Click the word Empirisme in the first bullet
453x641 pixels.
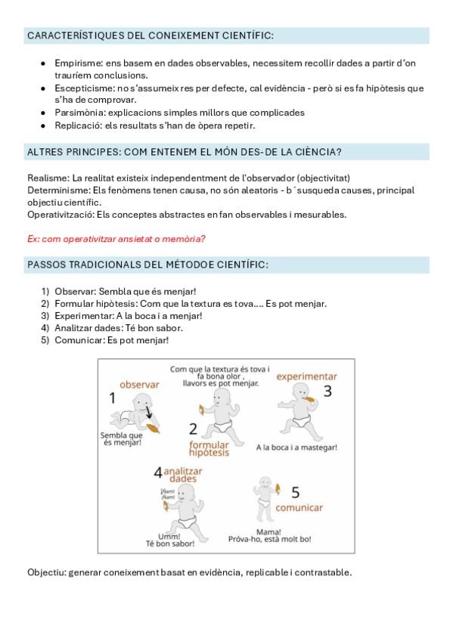click(x=78, y=63)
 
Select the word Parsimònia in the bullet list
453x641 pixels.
click(x=79, y=113)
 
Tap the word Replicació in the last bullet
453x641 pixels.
click(x=78, y=125)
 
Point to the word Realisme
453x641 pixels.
click(x=48, y=178)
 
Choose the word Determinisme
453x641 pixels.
click(x=58, y=190)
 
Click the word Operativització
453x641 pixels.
click(x=61, y=215)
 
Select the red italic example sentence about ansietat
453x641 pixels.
click(x=116, y=239)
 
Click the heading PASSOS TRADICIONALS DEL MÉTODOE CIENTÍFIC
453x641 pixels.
click(x=147, y=265)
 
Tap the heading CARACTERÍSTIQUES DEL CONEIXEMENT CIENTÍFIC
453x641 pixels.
click(x=150, y=36)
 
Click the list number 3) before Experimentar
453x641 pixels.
click(x=45, y=316)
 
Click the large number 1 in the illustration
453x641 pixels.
click(x=113, y=398)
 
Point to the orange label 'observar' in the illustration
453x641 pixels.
click(x=139, y=385)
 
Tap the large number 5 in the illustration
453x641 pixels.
click(x=295, y=492)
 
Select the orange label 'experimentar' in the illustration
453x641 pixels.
click(x=306, y=376)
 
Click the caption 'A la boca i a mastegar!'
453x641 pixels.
click(x=296, y=447)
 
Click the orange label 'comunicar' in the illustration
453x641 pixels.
click(x=299, y=508)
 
